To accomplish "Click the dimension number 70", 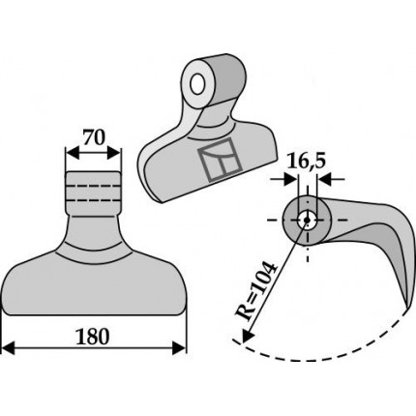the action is pos(94,137).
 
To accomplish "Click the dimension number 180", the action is pos(93,336).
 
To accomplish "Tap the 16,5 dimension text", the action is pos(307,162).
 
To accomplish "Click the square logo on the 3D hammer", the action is pos(220,160).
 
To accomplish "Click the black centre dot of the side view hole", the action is pos(307,220).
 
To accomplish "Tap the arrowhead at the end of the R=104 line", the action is pos(247,335).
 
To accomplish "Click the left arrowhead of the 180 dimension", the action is pos(9,349).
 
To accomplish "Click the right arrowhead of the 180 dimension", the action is pos(179,348).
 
